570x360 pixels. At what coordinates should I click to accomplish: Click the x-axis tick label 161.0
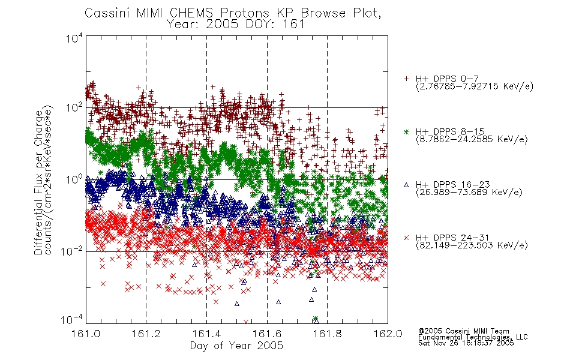pos(86,334)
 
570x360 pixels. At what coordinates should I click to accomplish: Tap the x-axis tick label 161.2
pos(146,334)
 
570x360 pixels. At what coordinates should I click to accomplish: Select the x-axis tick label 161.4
pos(206,334)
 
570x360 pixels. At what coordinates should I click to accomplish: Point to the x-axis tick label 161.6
pos(267,334)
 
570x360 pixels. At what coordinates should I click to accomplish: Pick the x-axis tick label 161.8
pos(327,334)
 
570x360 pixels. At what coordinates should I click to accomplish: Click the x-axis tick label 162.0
pos(388,334)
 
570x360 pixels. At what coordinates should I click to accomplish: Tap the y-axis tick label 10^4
pos(74,38)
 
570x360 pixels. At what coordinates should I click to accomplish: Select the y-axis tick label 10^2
pos(74,108)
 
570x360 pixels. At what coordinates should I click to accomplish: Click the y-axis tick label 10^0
pos(74,179)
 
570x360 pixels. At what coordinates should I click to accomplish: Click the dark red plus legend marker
pos(406,79)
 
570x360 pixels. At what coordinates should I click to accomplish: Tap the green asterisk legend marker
pos(406,131)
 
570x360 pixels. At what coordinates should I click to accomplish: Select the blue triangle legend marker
pos(406,185)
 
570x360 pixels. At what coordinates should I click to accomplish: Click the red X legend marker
pos(406,238)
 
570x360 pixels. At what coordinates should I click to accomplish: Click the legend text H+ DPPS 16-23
pos(452,184)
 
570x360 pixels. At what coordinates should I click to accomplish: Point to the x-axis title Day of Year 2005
pos(236,346)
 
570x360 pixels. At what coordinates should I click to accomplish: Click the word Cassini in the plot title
pos(107,13)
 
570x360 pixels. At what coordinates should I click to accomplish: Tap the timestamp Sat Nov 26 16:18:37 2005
pos(466,343)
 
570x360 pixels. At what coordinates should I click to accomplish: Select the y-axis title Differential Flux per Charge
pos(38,182)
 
